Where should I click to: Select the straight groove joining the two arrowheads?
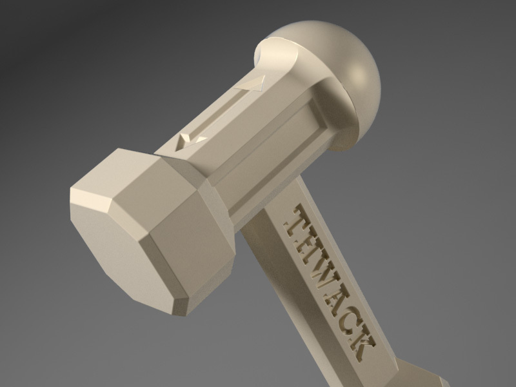point(223,111)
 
